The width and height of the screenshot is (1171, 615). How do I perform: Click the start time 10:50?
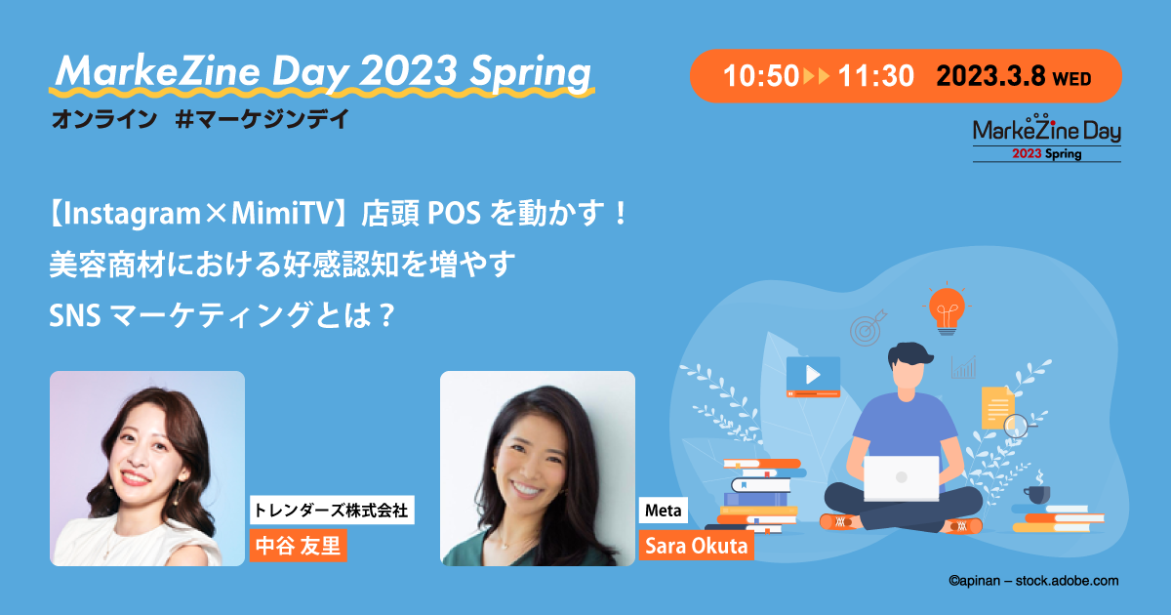tap(760, 76)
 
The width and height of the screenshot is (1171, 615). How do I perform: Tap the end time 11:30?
tap(875, 76)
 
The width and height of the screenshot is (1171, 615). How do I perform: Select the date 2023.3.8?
tap(990, 76)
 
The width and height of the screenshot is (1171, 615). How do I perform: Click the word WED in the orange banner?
tap(1071, 79)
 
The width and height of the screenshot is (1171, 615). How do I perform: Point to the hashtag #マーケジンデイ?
tap(262, 119)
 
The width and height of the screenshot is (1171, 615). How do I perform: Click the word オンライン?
tap(104, 119)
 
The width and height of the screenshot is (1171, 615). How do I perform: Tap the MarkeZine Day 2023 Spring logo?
tap(1046, 138)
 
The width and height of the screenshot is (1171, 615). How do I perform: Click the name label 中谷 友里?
tap(298, 546)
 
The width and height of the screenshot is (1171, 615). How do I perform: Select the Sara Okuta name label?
tap(697, 546)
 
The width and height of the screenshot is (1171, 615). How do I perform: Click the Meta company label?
tap(663, 510)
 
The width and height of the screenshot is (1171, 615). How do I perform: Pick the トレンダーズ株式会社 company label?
tap(332, 510)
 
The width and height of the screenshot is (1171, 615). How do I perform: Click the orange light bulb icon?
tap(947, 309)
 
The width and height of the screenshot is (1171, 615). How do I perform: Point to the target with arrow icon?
tap(868, 328)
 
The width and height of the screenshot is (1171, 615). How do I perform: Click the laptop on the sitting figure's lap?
tap(901, 478)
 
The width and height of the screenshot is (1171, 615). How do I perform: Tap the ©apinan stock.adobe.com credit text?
tap(1033, 581)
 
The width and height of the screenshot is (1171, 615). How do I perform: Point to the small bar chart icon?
tap(963, 367)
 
